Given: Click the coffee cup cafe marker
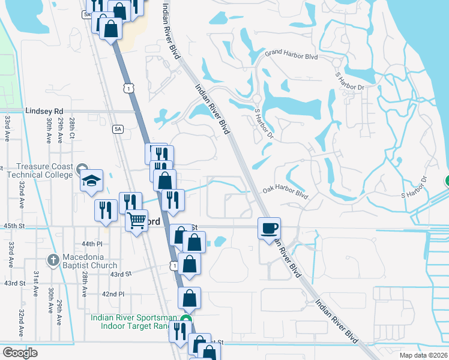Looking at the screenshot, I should [x=269, y=228].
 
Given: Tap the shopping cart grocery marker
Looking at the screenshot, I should [x=137, y=220].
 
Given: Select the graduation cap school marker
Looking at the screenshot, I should [x=91, y=180].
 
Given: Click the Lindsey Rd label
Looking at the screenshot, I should [x=44, y=111].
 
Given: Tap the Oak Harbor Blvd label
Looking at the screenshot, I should [x=285, y=191].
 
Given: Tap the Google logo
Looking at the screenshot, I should [x=20, y=352].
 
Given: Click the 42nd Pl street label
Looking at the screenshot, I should [x=113, y=294].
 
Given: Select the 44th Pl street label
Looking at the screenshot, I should [x=93, y=244].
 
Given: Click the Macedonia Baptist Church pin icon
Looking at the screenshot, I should [x=51, y=260].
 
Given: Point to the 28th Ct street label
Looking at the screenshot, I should [x=71, y=130].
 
